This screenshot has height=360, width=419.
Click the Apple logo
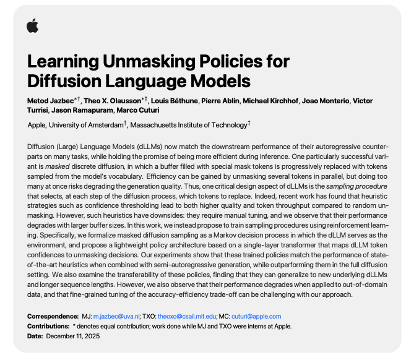(32, 25)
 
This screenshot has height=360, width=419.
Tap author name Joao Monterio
(332, 101)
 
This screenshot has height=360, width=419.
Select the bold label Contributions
(49, 326)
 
